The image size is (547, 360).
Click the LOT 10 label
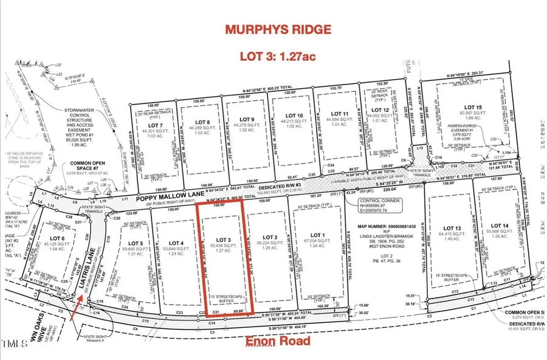tap(294, 116)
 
